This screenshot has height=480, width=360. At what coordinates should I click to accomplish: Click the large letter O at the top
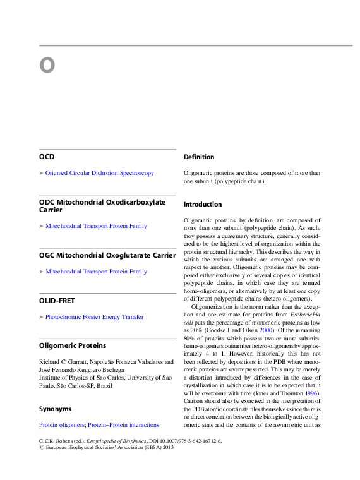47,66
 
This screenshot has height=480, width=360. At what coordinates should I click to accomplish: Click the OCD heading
47,156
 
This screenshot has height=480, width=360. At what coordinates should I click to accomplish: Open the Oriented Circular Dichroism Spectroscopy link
99,173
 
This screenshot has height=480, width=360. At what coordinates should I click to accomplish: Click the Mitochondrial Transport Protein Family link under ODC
96,226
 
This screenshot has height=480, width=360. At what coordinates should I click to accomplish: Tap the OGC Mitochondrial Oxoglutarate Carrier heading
107,255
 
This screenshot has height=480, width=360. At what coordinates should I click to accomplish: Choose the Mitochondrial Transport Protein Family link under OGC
96,272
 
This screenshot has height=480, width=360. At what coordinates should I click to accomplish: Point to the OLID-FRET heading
56,301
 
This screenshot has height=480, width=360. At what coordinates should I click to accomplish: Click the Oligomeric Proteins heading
72,346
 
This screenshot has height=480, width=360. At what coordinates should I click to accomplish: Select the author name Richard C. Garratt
63,363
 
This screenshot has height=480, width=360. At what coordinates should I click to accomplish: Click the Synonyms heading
55,409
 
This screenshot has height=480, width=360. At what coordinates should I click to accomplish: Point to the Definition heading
198,157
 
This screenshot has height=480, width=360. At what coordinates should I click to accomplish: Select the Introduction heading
202,205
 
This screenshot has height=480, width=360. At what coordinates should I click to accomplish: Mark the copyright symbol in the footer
42,449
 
